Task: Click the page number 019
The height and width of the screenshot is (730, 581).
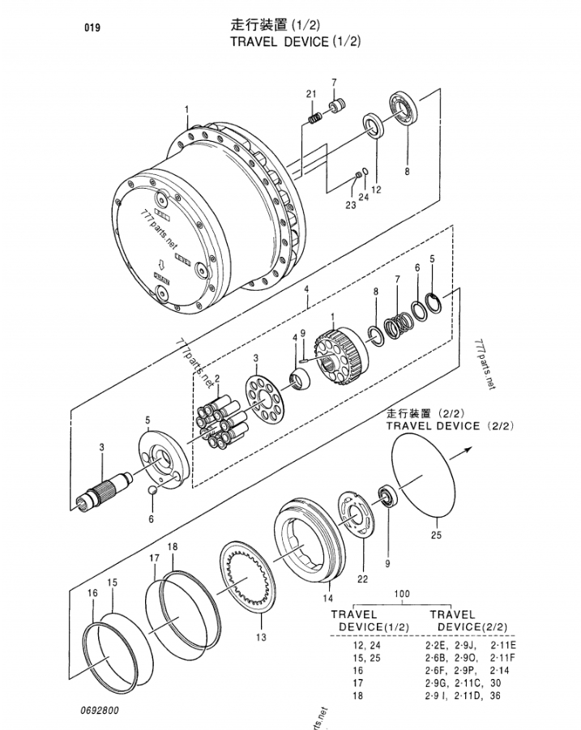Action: [x=92, y=28]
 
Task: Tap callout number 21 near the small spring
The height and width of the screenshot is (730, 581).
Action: [x=310, y=95]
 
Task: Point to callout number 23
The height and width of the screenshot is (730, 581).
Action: [x=350, y=205]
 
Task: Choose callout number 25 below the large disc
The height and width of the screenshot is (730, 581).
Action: [x=436, y=534]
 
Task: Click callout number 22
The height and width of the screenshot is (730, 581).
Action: [x=362, y=578]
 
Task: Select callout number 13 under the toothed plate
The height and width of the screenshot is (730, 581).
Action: [x=260, y=637]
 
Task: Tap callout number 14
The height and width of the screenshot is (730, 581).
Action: [x=328, y=599]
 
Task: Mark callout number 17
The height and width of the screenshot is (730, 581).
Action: [x=154, y=558]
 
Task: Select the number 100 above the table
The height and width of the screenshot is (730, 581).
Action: [x=402, y=594]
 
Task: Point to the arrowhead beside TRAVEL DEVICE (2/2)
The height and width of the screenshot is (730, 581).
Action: [x=475, y=449]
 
